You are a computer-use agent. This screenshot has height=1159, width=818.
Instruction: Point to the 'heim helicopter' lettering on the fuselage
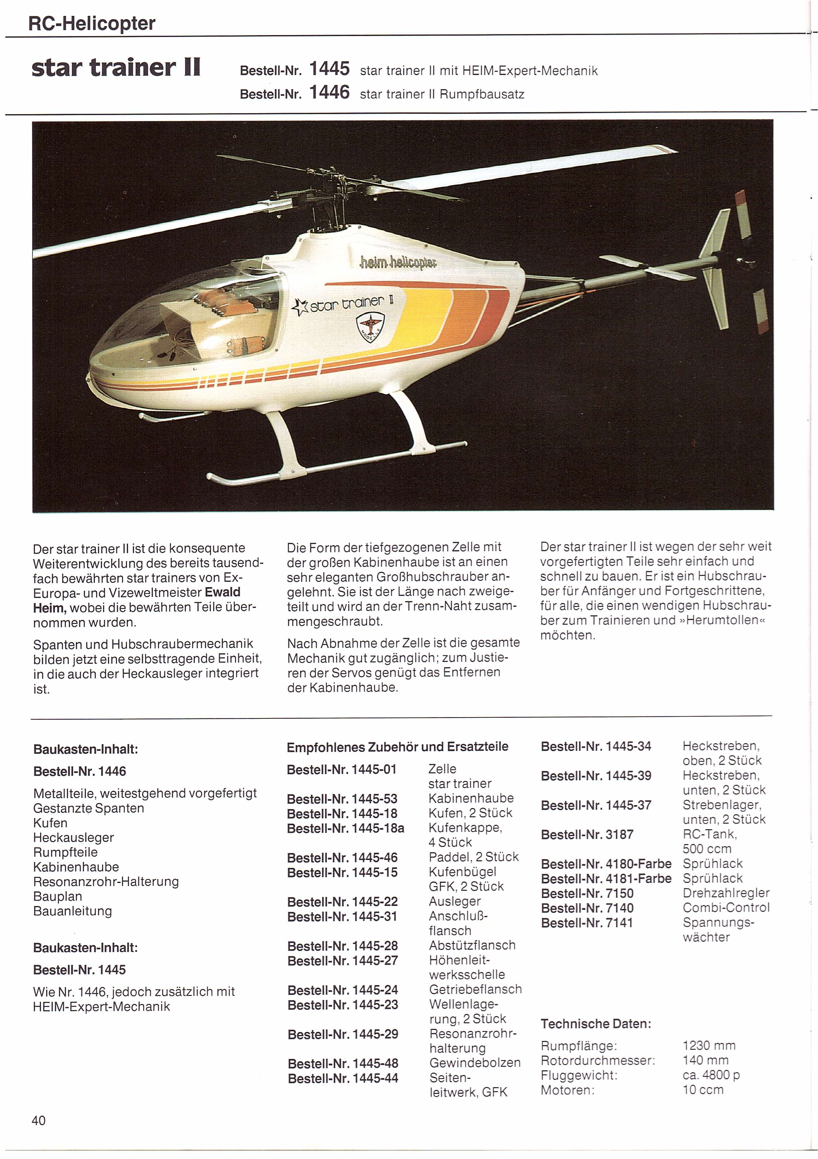click(398, 262)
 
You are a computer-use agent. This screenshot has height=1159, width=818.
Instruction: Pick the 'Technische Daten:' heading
click(596, 1024)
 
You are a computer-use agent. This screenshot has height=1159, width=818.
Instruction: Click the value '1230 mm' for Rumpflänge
click(709, 1046)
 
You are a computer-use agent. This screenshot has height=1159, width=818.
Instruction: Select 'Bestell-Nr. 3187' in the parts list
click(587, 835)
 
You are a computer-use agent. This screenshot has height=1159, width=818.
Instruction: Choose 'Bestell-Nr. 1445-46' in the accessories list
click(342, 858)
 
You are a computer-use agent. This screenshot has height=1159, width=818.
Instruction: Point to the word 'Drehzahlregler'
click(726, 893)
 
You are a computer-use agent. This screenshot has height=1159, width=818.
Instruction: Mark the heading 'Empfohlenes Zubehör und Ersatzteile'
click(397, 747)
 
